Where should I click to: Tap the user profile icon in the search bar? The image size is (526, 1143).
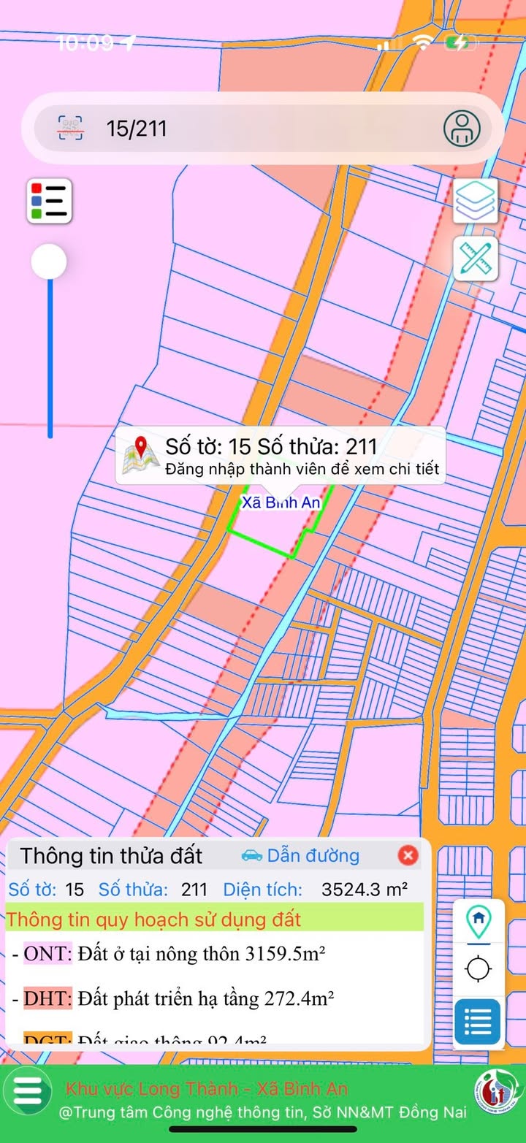(462, 129)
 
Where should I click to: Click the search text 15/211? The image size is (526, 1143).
(137, 129)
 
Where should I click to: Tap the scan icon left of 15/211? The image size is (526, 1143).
(70, 129)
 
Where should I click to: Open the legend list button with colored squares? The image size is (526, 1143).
(50, 200)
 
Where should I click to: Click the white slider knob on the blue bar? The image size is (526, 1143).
(49, 261)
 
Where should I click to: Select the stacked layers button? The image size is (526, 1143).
(476, 199)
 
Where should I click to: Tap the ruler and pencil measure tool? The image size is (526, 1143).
(476, 259)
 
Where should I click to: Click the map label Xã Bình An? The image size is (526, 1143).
(281, 502)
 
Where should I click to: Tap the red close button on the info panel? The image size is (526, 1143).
(408, 855)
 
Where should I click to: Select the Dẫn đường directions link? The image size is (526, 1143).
(300, 855)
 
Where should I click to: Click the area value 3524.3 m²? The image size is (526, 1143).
(365, 890)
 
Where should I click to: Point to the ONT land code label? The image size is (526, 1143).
(48, 953)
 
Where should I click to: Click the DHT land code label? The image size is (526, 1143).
(48, 998)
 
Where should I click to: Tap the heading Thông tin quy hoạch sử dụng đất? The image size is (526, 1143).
(153, 919)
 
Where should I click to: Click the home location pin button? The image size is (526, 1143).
(479, 922)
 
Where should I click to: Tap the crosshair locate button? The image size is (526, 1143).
(479, 970)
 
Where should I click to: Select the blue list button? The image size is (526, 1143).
(478, 1022)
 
